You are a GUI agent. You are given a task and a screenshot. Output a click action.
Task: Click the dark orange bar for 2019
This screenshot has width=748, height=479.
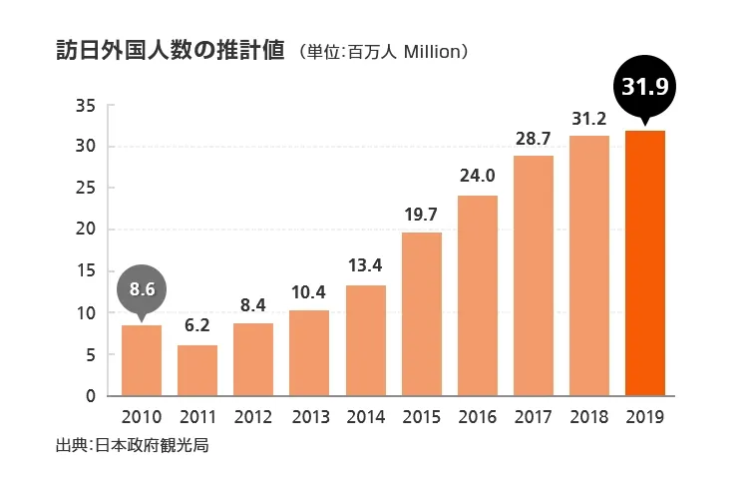(x=644, y=263)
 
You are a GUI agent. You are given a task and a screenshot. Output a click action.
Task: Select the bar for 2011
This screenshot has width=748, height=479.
(x=197, y=370)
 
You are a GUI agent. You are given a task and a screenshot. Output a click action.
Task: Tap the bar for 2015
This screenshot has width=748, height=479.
(x=421, y=313)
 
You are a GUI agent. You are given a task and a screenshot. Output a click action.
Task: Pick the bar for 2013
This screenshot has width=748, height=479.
(x=309, y=352)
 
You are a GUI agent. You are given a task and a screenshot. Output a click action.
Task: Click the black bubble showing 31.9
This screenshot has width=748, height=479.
(x=644, y=88)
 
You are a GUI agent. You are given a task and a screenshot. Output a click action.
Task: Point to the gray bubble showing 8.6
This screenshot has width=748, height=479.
(x=142, y=290)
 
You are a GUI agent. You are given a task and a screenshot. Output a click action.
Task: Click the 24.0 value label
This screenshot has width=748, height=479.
(x=477, y=176)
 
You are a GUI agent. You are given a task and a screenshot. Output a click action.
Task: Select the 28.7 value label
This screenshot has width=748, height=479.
(x=534, y=137)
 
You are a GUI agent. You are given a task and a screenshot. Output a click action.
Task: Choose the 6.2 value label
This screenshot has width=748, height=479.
(x=197, y=324)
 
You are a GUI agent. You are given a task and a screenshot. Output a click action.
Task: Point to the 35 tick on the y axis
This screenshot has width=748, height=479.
(x=86, y=105)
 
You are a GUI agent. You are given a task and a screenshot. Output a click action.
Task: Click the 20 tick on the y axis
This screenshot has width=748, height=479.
(x=86, y=230)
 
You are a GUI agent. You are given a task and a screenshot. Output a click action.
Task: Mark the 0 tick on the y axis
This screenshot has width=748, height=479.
(x=91, y=396)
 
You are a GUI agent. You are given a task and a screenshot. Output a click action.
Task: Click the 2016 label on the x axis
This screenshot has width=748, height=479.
(x=477, y=417)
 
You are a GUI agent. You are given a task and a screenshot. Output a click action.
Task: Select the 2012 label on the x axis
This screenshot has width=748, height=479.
(x=253, y=417)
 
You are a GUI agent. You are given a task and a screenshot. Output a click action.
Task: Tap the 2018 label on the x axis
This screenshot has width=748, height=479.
(x=588, y=417)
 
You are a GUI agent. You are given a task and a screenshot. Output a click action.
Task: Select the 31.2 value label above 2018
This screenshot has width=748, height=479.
(x=588, y=117)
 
